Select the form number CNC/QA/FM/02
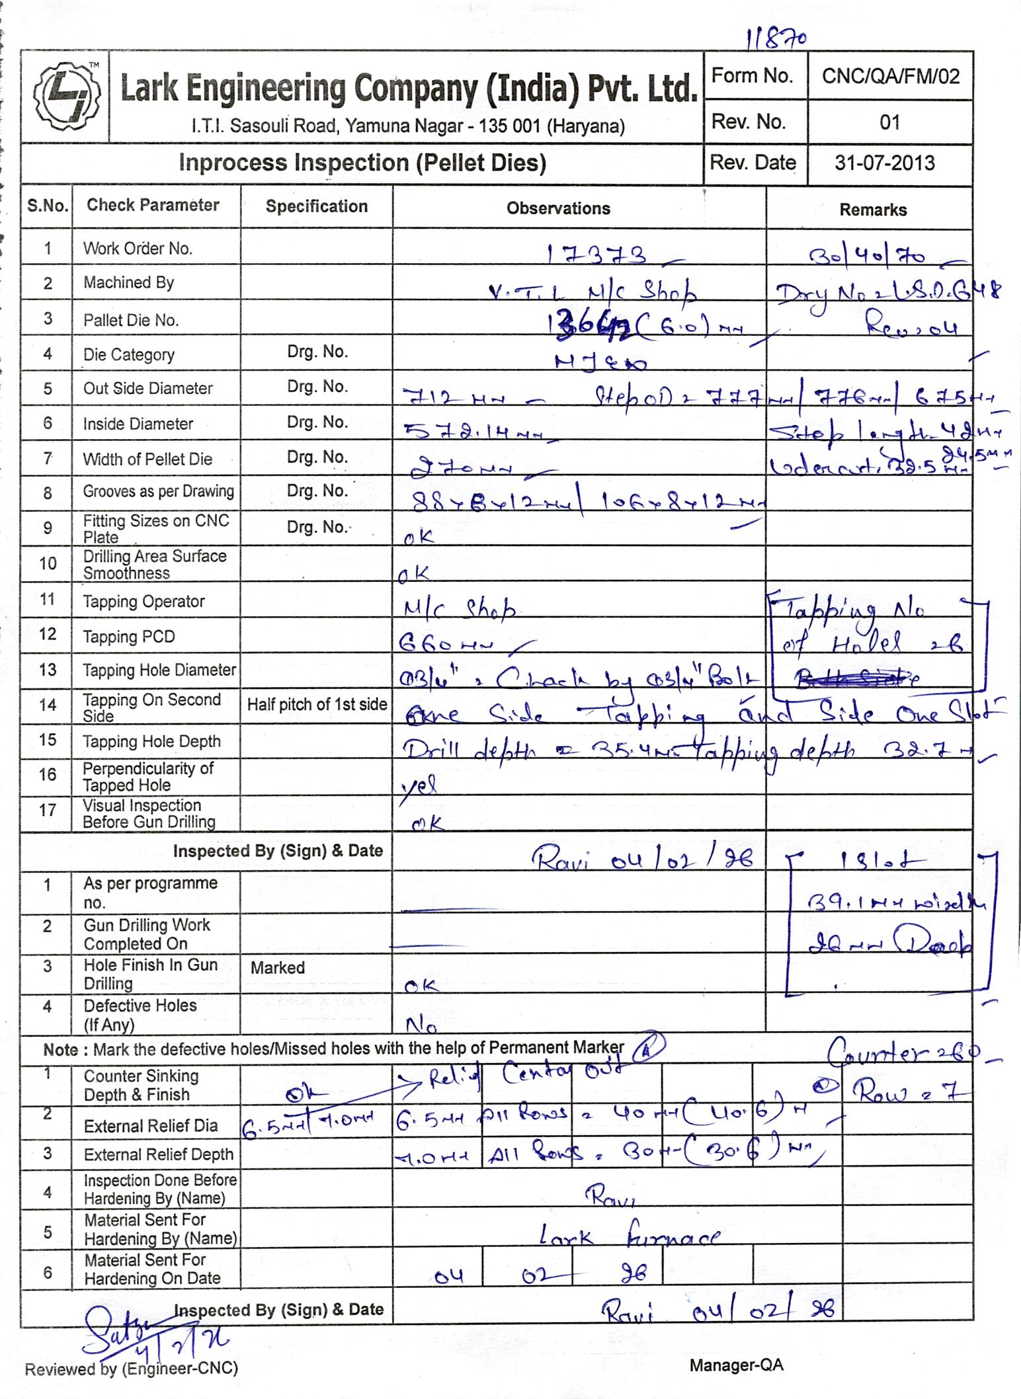click(890, 77)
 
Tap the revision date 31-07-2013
click(884, 163)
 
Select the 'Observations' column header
click(558, 209)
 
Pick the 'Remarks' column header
click(873, 210)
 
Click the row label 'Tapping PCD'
click(129, 637)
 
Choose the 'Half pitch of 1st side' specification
click(317, 705)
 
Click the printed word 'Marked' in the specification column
click(278, 968)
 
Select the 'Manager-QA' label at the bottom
click(736, 1365)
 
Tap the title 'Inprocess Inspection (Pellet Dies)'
click(362, 163)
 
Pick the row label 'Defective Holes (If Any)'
click(140, 1015)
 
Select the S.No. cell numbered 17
click(48, 811)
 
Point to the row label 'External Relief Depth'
click(159, 1155)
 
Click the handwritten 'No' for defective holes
click(421, 1025)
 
